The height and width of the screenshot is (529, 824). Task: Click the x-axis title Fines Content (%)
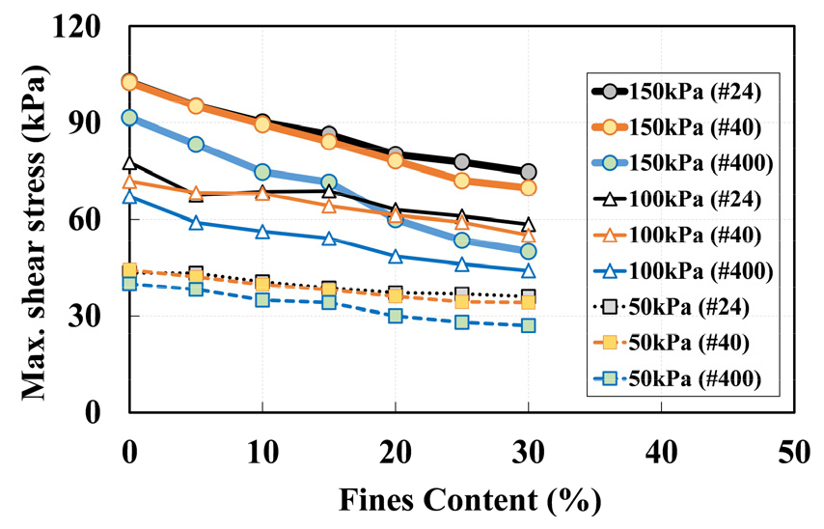[x=470, y=501]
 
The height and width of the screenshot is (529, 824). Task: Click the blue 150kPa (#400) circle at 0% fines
[x=129, y=118]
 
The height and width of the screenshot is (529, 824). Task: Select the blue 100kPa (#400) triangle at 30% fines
[x=528, y=271]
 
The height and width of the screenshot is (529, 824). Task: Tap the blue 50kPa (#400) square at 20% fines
[x=396, y=316]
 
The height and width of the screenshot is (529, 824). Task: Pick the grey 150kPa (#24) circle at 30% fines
[x=528, y=172]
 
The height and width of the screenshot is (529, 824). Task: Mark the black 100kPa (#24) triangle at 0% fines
[x=129, y=163]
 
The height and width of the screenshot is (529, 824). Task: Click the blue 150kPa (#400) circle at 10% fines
[x=262, y=172]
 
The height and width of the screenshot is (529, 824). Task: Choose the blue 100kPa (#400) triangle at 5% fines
[x=196, y=223]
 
